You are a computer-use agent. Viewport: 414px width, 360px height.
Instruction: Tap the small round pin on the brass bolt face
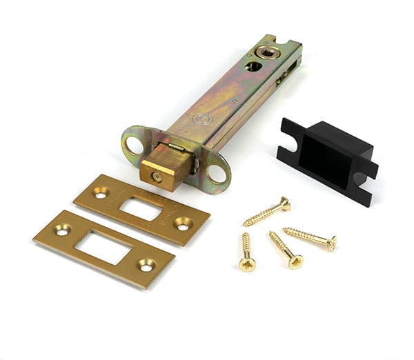pyautogui.click(x=157, y=177)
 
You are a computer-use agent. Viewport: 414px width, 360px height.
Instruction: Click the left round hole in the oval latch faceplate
pyautogui.click(x=133, y=144)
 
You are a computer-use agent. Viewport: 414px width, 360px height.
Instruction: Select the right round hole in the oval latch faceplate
pyautogui.click(x=217, y=172)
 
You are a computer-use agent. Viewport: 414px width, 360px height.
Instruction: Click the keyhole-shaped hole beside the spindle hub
pyautogui.click(x=253, y=66)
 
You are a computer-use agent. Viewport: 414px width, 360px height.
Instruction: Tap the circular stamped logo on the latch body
pyautogui.click(x=201, y=118)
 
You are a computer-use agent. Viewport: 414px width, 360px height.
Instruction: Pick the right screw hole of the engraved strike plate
pyautogui.click(x=184, y=223)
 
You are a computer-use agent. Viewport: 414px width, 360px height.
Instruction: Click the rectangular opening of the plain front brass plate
pyautogui.click(x=103, y=247)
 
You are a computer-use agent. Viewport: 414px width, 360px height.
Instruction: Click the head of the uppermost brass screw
pyautogui.click(x=284, y=203)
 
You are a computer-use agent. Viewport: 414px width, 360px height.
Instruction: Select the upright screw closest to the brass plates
pyautogui.click(x=246, y=261)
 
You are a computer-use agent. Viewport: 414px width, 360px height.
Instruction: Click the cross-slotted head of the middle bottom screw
pyautogui.click(x=295, y=261)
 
